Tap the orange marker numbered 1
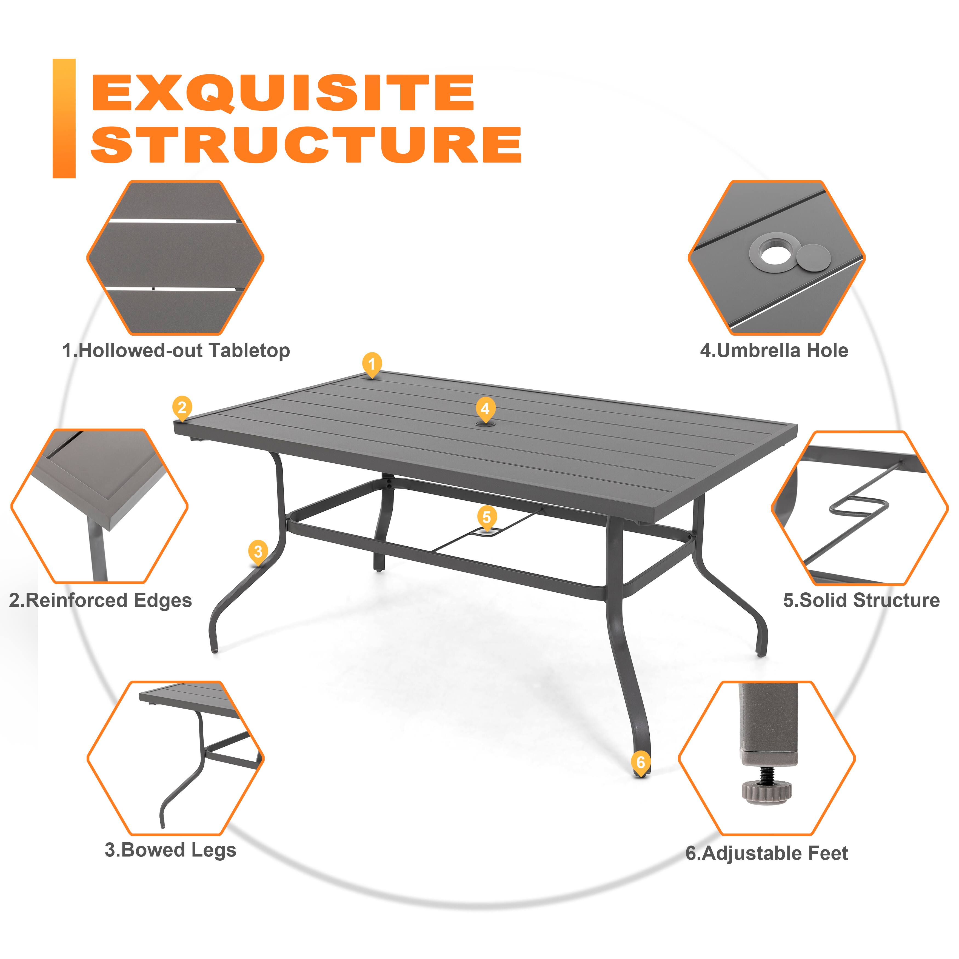pos(372,364)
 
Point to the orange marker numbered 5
pos(486,517)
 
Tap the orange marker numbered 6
pos(640,762)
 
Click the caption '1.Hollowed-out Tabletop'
pos(176,350)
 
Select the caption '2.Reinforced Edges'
pos(100,600)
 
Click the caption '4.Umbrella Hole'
pos(774,350)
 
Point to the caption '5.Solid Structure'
pos(861,600)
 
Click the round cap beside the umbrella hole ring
pos(813,258)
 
